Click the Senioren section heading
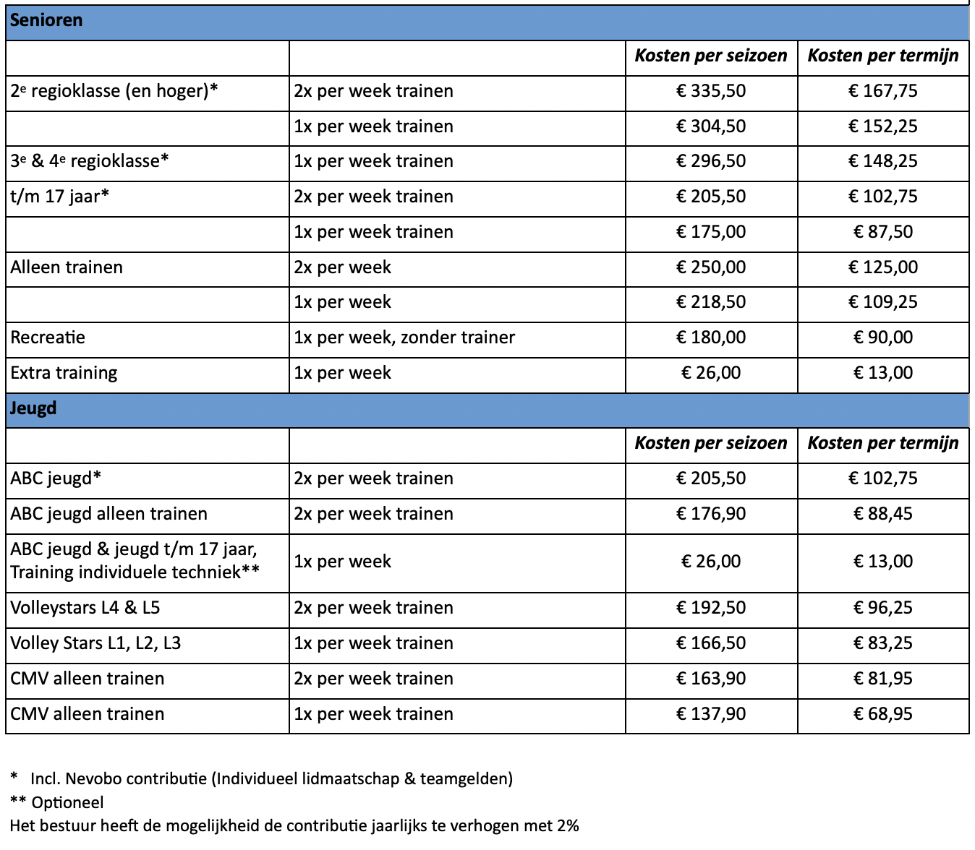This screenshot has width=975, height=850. (x=46, y=20)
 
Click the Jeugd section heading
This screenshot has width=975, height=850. (x=33, y=408)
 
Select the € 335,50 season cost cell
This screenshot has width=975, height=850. (x=711, y=91)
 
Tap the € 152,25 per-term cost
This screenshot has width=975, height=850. (x=882, y=126)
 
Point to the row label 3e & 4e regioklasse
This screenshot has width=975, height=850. (x=90, y=161)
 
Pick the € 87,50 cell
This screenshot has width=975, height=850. (x=882, y=232)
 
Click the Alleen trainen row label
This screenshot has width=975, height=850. (x=67, y=267)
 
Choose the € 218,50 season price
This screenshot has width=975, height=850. (x=711, y=302)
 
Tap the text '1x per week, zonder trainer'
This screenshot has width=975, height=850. (x=404, y=338)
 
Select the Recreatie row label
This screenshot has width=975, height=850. (x=48, y=338)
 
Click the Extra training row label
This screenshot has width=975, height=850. (x=64, y=373)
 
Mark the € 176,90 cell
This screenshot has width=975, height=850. (x=711, y=514)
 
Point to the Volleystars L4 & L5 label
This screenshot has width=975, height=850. (x=85, y=608)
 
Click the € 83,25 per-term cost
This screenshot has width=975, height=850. (x=882, y=643)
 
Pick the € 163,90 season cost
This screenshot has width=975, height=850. (x=711, y=679)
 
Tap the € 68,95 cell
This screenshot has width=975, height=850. (x=882, y=714)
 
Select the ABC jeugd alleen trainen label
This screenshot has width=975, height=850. (x=108, y=514)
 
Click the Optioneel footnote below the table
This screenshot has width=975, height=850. (x=67, y=802)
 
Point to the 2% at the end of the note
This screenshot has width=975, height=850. (x=568, y=825)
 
